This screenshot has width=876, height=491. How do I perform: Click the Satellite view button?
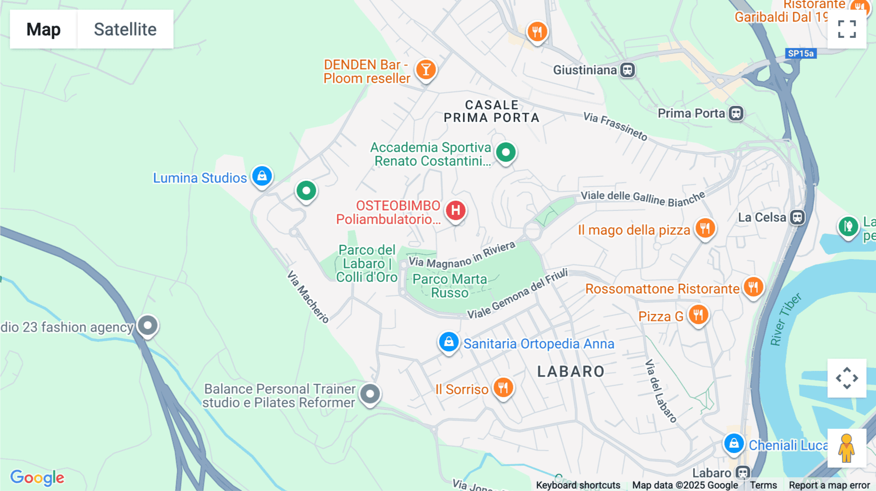pyautogui.click(x=125, y=29)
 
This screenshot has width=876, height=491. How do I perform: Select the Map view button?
pyautogui.click(x=43, y=29)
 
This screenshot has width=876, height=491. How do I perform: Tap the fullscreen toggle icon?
pyautogui.click(x=847, y=29)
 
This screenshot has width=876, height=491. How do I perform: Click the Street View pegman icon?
pyautogui.click(x=846, y=448)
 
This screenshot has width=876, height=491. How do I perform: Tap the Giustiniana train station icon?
pyautogui.click(x=627, y=70)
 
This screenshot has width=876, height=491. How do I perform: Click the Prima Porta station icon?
pyautogui.click(x=736, y=113)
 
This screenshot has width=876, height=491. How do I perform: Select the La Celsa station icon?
pyautogui.click(x=797, y=217)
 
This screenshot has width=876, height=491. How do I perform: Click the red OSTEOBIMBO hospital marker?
pyautogui.click(x=456, y=210)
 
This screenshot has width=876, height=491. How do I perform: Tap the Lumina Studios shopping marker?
pyautogui.click(x=262, y=176)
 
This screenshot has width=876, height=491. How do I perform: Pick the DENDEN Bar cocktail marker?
pyautogui.click(x=426, y=70)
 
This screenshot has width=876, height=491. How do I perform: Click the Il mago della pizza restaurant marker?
pyautogui.click(x=705, y=228)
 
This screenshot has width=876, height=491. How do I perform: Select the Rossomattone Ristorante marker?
pyautogui.click(x=753, y=287)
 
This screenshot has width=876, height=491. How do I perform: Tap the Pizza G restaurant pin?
pyautogui.click(x=698, y=315)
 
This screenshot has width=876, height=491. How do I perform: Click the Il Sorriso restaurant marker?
pyautogui.click(x=503, y=388)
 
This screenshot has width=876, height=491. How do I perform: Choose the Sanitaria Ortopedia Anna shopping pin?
pyautogui.click(x=449, y=342)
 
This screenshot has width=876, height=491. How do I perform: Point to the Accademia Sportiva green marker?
pyautogui.click(x=506, y=153)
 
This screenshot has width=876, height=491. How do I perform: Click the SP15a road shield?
pyautogui.click(x=801, y=53)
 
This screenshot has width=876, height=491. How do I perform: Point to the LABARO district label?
pyautogui.click(x=571, y=372)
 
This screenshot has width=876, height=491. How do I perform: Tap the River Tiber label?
pyautogui.click(x=785, y=319)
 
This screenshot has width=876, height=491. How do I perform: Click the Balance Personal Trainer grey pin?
pyautogui.click(x=370, y=393)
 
